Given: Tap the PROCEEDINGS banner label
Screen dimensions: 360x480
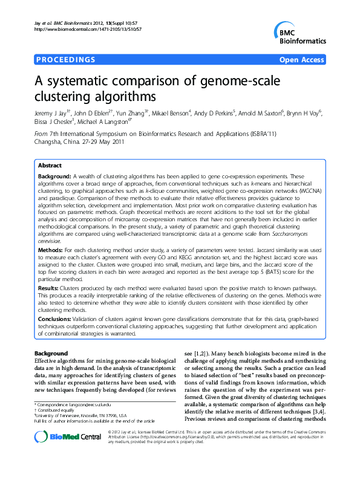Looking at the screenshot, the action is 65,60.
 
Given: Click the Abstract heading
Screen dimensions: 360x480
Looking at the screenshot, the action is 50,165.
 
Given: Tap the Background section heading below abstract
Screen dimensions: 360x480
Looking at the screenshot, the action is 51,352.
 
